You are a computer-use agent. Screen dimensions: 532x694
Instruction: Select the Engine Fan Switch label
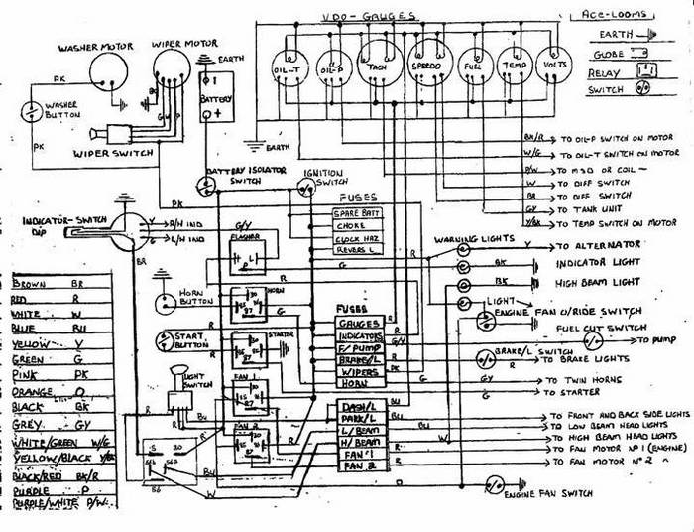click(x=550, y=493)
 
